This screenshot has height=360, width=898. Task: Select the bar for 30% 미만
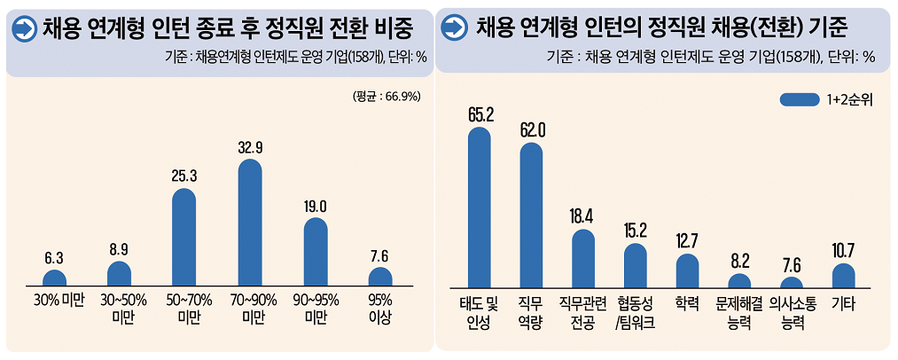coord(54,278)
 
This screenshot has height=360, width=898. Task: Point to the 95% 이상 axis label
coord(381,309)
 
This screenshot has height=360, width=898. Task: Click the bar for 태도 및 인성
coord(479,208)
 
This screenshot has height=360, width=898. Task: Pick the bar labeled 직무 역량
coord(531,215)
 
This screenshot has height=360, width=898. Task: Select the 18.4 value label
coord(583,215)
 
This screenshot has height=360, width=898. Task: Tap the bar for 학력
coord(687,271)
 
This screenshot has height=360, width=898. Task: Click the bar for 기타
coord(843,276)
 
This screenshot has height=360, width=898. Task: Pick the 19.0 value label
coord(316,206)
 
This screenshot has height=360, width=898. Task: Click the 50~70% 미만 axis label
coord(184,309)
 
